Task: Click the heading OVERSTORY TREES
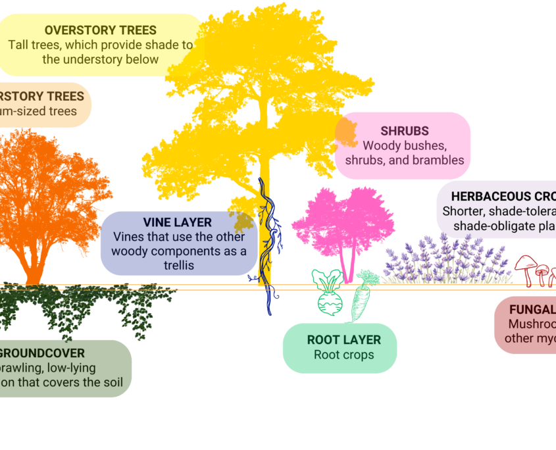pos(101,30)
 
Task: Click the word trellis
pos(179,265)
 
